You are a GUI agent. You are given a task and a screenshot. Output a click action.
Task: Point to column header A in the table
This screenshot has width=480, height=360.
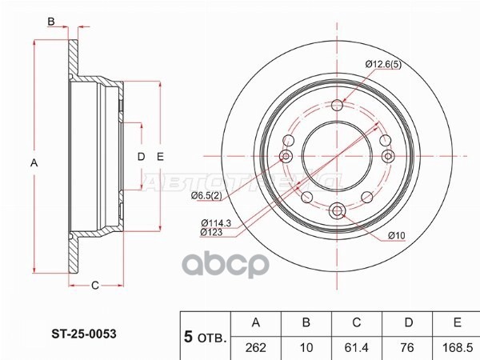click(x=256, y=323)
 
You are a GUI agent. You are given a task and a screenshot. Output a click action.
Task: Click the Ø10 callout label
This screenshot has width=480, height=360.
click(x=398, y=234)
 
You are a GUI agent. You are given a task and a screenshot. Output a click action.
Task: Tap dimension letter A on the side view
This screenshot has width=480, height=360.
click(x=33, y=163)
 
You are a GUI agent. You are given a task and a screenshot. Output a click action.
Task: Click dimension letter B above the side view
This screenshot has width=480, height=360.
click(x=50, y=22)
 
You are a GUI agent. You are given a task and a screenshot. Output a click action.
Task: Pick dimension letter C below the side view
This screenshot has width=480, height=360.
click(x=94, y=286)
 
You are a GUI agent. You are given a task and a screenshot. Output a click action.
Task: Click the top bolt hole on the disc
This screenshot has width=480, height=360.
click(x=337, y=105)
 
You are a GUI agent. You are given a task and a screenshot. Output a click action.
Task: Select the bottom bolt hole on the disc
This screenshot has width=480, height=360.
click(x=337, y=210)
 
